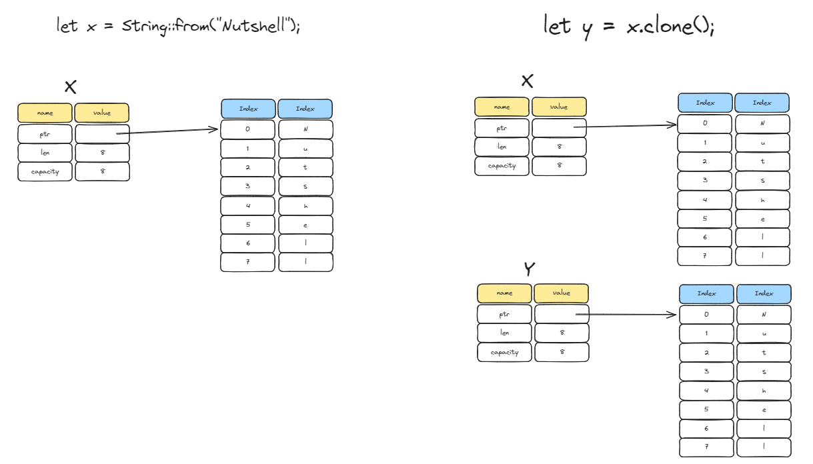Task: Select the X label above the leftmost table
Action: [x=71, y=87]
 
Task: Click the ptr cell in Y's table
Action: [x=504, y=314]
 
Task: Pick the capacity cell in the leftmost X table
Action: [x=45, y=172]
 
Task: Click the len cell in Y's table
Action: [x=504, y=333]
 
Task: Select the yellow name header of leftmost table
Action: [x=45, y=113]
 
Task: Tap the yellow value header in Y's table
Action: [x=562, y=293]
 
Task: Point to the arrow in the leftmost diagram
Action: [x=168, y=131]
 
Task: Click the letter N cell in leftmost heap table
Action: [x=305, y=129]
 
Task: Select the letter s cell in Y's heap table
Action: [x=764, y=371]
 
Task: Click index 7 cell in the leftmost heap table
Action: [x=247, y=262]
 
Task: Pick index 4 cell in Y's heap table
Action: [x=706, y=391]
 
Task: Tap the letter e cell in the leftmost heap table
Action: [x=305, y=225]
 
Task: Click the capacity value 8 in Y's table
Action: [x=562, y=352]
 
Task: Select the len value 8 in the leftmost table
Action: [x=102, y=153]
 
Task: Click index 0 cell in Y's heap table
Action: [x=706, y=314]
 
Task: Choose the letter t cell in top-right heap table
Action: [x=762, y=161]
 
